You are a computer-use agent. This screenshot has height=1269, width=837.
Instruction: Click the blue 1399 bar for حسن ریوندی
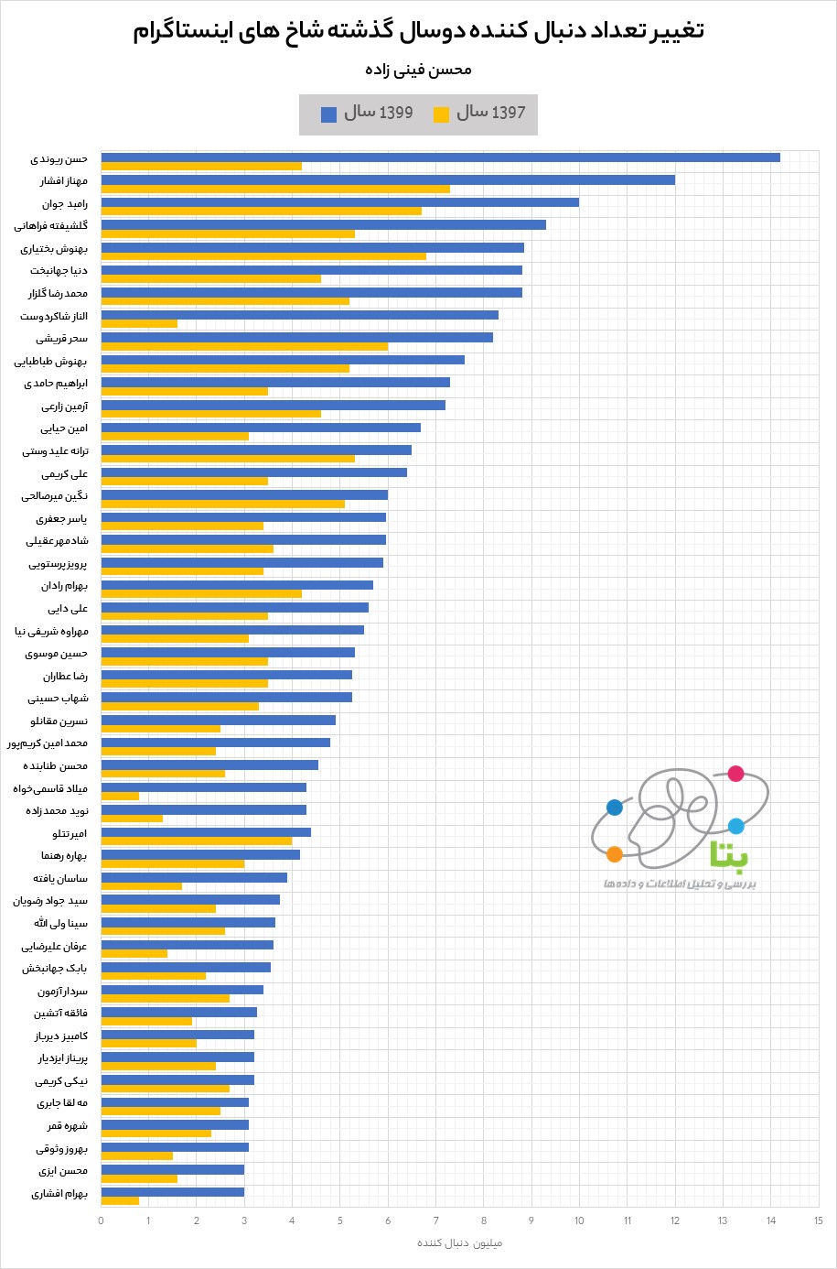coord(439,157)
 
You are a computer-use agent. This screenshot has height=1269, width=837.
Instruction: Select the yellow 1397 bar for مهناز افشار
coord(274,189)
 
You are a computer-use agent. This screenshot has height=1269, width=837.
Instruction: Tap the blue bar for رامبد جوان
coord(338,202)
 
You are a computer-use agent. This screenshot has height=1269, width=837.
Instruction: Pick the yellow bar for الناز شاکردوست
coord(139,323)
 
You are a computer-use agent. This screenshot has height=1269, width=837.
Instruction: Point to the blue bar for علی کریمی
coord(253,472)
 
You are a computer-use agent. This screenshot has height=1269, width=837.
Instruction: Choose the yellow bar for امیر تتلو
coord(196,841)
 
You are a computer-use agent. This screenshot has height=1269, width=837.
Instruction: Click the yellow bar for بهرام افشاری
coord(120,1200)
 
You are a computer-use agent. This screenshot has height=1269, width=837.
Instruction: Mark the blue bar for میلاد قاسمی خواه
coord(203,787)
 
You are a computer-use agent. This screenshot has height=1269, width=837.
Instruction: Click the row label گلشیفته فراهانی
coord(51,225)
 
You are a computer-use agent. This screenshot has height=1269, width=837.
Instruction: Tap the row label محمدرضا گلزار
coord(58,293)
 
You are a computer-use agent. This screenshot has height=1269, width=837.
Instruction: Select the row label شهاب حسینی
coord(58,698)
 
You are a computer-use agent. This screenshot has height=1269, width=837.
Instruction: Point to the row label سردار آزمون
coord(62,991)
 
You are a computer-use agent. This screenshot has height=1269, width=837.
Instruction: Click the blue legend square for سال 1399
coord(328,114)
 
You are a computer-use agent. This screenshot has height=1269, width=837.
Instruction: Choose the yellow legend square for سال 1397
coord(441,114)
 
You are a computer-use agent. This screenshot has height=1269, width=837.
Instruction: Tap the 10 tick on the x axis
coord(579,1220)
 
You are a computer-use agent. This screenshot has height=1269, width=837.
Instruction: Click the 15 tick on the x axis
coord(818,1220)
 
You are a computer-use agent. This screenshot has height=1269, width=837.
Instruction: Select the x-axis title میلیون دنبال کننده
coord(459,1242)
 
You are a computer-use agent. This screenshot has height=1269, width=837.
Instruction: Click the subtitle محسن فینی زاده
coord(418,70)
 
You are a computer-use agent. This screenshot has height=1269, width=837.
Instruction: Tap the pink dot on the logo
coord(735,774)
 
